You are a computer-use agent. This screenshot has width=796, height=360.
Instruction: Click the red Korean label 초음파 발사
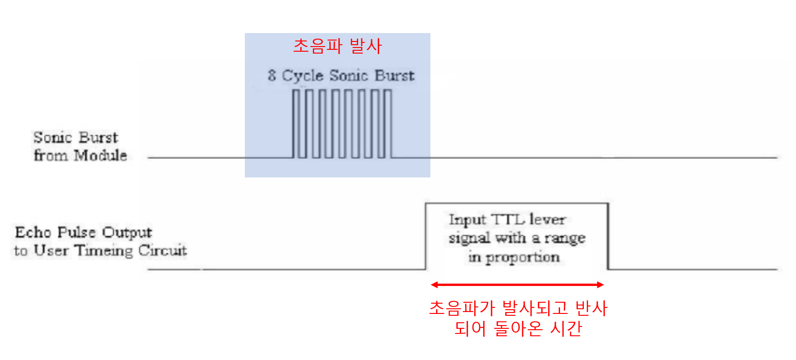337,46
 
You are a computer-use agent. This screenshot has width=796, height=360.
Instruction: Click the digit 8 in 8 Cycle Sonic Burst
272,75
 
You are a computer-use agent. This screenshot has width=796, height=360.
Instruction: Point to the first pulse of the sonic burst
296,123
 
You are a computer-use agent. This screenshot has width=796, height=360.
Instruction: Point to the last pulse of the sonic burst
388,123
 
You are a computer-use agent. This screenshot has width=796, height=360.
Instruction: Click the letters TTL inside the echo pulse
507,219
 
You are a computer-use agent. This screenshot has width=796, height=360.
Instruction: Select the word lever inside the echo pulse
547,219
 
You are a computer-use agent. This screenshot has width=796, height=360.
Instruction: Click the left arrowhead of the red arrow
434,285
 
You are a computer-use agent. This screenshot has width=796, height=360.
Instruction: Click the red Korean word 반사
591,308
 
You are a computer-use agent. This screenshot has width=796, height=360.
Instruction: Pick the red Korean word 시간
566,329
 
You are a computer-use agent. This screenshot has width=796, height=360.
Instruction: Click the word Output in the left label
127,232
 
